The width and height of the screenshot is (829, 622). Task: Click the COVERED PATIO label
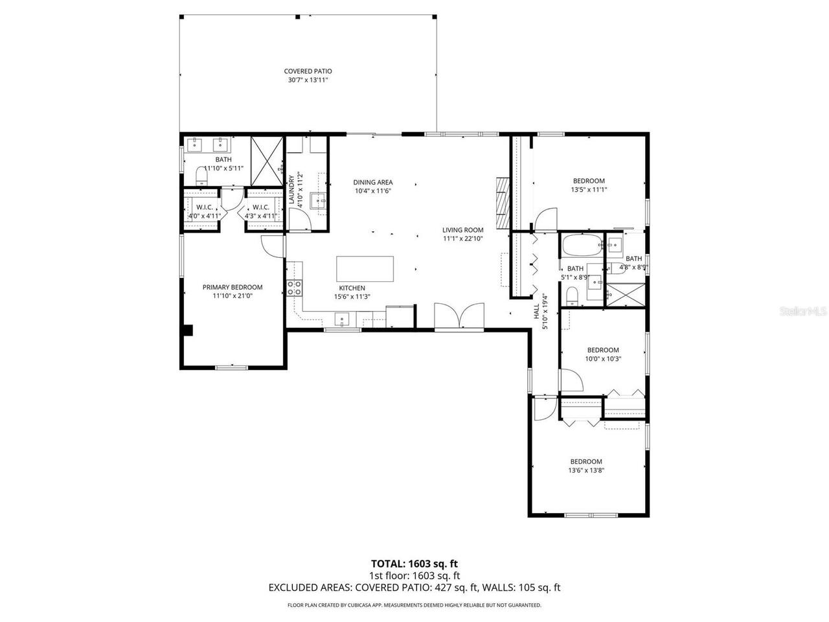point(308,71)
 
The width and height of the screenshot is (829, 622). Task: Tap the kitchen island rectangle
point(365,269)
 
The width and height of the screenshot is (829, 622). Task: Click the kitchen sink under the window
point(342,319)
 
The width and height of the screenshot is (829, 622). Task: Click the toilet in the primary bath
point(201,175)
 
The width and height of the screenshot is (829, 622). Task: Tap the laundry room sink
point(318,201)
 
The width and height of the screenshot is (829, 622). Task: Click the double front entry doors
point(459,317)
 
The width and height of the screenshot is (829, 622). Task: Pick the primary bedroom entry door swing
point(272,244)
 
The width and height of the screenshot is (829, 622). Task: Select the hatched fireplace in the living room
point(502,202)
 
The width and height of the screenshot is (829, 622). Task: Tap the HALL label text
point(537,312)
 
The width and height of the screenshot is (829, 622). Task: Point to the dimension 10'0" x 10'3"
point(603,359)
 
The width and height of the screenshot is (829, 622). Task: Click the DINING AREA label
point(372,182)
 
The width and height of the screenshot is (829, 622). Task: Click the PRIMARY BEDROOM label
point(233,287)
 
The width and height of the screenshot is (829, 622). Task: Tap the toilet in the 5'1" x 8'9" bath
point(572,296)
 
